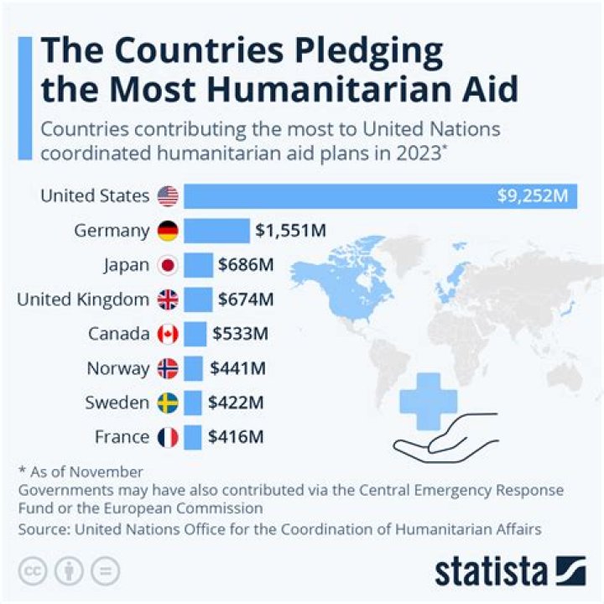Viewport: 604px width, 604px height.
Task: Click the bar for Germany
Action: point(216,231)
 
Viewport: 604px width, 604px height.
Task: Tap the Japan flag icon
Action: point(168,266)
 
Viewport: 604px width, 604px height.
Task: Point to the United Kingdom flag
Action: point(168,299)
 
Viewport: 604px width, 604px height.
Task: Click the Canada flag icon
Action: point(168,334)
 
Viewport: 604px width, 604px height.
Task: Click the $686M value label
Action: point(246,265)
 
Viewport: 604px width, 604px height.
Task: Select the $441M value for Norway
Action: point(238,367)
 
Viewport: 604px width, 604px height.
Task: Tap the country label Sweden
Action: point(117,403)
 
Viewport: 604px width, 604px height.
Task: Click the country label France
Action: point(121,437)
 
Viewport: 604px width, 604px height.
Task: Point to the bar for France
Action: point(193,437)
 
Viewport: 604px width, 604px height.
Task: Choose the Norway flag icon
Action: point(168,368)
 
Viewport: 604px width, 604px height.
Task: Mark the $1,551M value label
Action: point(291,231)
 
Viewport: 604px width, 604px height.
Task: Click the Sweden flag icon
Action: point(168,403)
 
